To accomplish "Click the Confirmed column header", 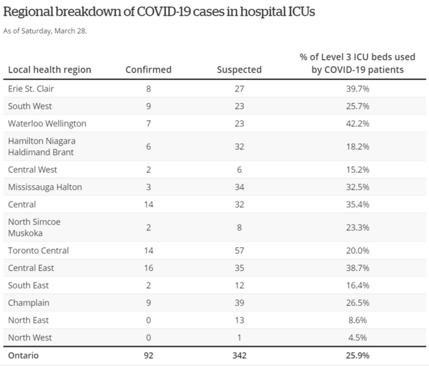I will [148, 69].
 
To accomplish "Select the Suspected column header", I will [239, 69].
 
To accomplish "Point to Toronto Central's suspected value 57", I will [239, 251].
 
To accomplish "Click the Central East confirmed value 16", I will [148, 268].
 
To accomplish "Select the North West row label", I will [31, 337].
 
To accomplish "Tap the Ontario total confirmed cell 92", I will [148, 355].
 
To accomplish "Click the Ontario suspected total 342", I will [239, 355].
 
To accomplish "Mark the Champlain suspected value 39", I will [239, 302].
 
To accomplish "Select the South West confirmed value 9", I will [148, 107].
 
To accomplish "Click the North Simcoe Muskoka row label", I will [34, 227].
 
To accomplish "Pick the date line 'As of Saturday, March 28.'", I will [47, 31].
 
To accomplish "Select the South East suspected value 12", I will [239, 285].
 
